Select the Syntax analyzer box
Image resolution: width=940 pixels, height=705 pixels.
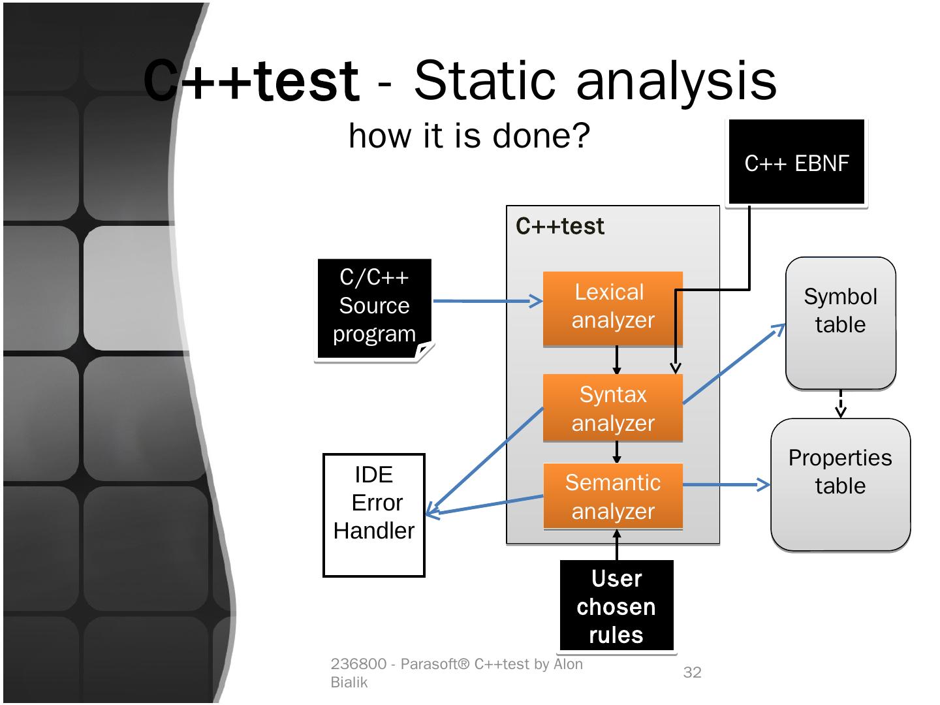[x=612, y=409]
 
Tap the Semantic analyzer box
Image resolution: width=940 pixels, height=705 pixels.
[x=612, y=497]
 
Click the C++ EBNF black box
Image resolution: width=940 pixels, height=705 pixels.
[x=796, y=162]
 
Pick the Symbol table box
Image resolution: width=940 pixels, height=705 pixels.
[x=840, y=323]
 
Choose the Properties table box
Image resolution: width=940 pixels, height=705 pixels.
[x=840, y=484]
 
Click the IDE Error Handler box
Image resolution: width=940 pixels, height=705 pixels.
[x=374, y=515]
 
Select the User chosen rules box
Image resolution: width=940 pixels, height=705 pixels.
[x=616, y=606]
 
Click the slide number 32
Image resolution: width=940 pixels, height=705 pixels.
[x=692, y=672]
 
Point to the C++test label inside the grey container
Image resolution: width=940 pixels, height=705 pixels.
[x=560, y=227]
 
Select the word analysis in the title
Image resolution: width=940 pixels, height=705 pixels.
[x=676, y=81]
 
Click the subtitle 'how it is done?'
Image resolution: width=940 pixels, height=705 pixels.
[x=469, y=136]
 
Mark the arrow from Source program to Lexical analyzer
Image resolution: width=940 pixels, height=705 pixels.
[x=487, y=301]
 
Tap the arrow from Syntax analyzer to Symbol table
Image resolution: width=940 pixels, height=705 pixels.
[x=734, y=364]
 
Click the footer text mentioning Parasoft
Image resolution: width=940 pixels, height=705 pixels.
[x=457, y=672]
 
